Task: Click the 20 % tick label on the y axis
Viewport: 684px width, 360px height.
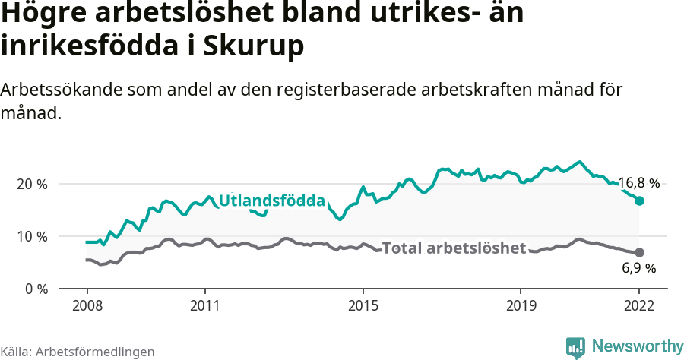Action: click(x=31, y=184)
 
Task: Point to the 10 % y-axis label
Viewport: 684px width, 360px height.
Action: click(x=31, y=236)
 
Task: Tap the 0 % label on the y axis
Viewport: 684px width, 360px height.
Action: click(x=34, y=289)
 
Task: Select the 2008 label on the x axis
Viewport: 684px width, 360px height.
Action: click(x=87, y=306)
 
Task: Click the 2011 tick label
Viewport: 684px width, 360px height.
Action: click(x=204, y=306)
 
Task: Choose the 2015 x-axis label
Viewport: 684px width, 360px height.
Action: click(x=363, y=306)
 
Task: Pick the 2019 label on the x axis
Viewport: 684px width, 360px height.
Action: click(x=521, y=306)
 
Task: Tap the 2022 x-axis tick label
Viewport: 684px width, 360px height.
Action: click(x=639, y=306)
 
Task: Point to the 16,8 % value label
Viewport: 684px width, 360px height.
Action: click(x=638, y=183)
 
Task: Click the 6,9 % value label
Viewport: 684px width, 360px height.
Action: click(x=638, y=267)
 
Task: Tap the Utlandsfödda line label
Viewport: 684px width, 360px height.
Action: click(x=272, y=201)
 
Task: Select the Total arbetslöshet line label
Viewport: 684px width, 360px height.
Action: click(x=454, y=248)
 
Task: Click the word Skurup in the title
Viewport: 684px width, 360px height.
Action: click(x=256, y=46)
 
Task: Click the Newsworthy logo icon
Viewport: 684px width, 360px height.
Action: click(x=575, y=347)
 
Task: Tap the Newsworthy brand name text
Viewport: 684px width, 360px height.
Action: click(x=637, y=346)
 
